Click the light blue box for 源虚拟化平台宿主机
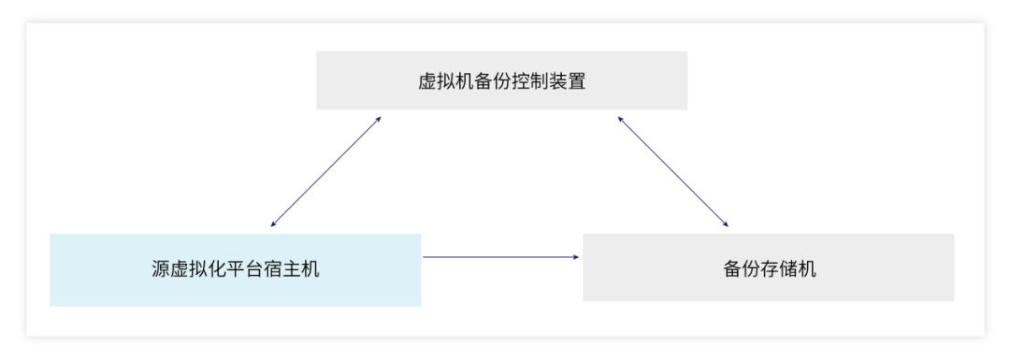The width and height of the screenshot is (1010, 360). (x=235, y=270)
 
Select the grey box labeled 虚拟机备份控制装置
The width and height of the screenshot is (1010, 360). (x=502, y=80)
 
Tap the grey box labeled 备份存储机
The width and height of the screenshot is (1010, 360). (x=769, y=267)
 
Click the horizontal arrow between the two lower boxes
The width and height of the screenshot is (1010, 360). (x=501, y=257)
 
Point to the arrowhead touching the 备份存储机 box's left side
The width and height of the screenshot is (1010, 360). (x=576, y=257)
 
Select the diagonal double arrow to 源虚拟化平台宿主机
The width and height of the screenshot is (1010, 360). (x=326, y=172)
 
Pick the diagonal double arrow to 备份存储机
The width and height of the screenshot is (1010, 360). (x=673, y=172)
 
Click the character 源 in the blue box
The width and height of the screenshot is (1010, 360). (x=161, y=269)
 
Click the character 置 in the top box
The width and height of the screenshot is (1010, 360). (x=577, y=81)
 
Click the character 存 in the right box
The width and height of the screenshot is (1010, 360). (x=769, y=268)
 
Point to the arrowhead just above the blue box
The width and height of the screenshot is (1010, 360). (x=273, y=224)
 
